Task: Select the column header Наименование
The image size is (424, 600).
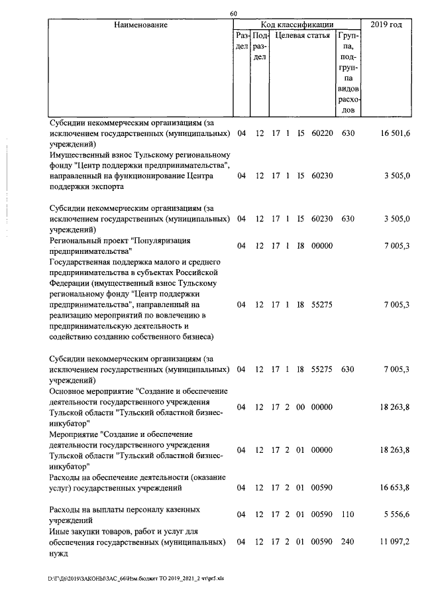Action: pyautogui.click(x=140, y=25)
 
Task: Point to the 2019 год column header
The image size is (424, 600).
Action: pyautogui.click(x=386, y=25)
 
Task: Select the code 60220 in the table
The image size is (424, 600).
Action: pyautogui.click(x=321, y=133)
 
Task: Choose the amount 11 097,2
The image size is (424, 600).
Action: pyautogui.click(x=395, y=542)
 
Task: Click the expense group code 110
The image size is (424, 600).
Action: pyautogui.click(x=348, y=514)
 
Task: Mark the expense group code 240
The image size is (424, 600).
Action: pyautogui.click(x=348, y=542)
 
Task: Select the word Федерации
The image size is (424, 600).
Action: pyautogui.click(x=74, y=283)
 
